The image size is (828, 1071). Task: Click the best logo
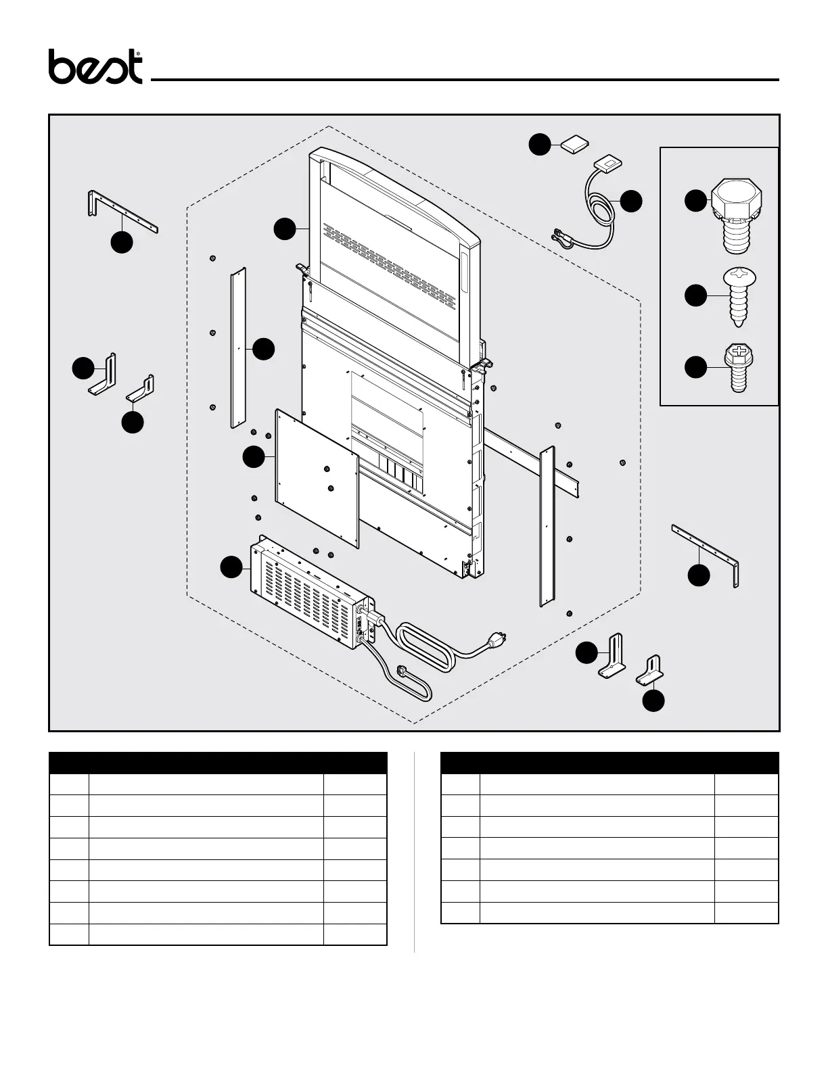tap(95, 67)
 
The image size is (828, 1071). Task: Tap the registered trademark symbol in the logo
tap(139, 53)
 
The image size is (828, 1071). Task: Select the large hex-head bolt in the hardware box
tap(737, 215)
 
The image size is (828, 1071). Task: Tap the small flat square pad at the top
tap(574, 145)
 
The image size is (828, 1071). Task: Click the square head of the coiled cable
tap(607, 162)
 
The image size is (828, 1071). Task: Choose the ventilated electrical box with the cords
tap(308, 585)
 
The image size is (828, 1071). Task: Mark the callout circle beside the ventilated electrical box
tap(233, 567)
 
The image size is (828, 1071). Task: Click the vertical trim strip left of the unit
tap(238, 348)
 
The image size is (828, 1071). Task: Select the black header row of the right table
tap(609, 763)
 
